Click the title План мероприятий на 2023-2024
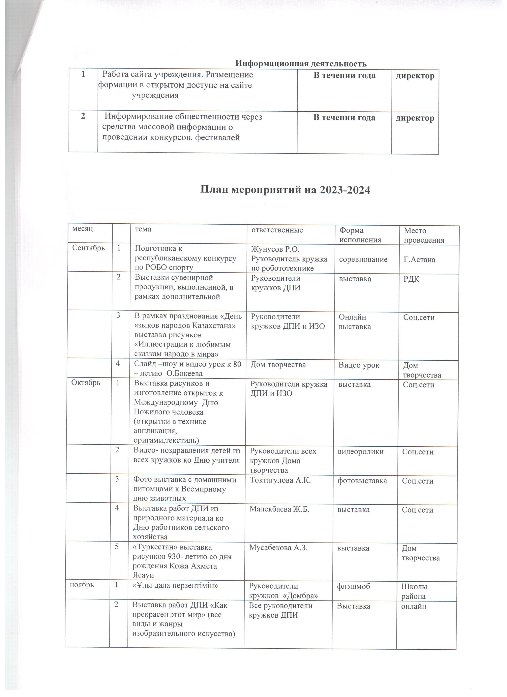285,190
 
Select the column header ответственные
277,230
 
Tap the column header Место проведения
424,235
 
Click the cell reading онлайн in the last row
414,607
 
